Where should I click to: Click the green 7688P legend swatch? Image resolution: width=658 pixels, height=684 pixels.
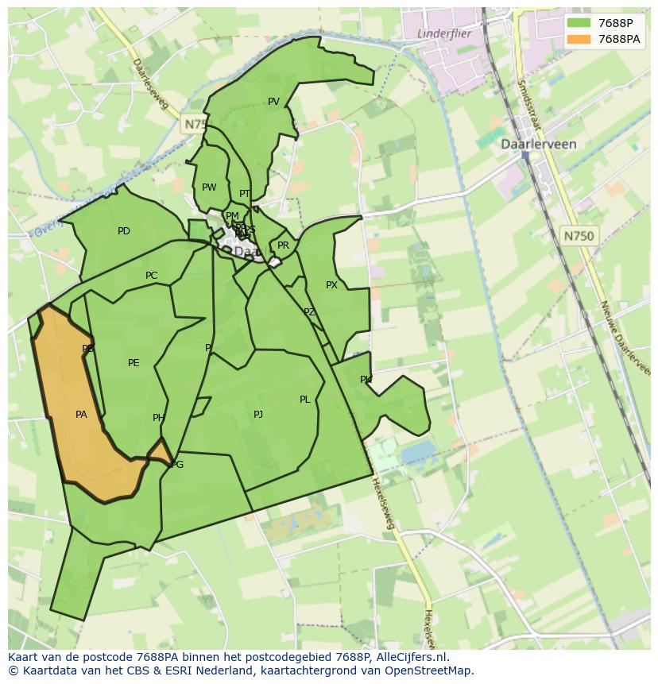pyautogui.click(x=579, y=23)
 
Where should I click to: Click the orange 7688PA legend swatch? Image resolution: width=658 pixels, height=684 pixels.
pyautogui.click(x=579, y=39)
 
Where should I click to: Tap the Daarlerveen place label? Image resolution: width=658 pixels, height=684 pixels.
pyautogui.click(x=538, y=145)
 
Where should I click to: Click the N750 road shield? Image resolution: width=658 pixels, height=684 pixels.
pyautogui.click(x=579, y=236)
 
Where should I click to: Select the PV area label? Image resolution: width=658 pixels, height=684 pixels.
pyautogui.click(x=273, y=102)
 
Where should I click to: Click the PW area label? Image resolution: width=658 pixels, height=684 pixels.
pyautogui.click(x=209, y=188)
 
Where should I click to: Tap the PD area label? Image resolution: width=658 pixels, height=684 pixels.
pyautogui.click(x=124, y=232)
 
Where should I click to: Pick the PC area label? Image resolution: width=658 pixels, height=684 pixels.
pyautogui.click(x=151, y=276)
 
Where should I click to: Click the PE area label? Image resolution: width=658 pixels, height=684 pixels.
pyautogui.click(x=134, y=363)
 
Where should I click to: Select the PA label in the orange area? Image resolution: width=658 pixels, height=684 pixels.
pyautogui.click(x=81, y=415)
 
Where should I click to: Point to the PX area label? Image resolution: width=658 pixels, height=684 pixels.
pyautogui.click(x=331, y=285)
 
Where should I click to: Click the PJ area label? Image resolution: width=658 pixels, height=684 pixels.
pyautogui.click(x=258, y=415)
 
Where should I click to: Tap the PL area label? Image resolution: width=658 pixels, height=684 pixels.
pyautogui.click(x=304, y=400)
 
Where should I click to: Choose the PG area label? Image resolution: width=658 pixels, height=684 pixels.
pyautogui.click(x=177, y=465)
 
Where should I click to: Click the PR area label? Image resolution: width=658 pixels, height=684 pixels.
pyautogui.click(x=283, y=246)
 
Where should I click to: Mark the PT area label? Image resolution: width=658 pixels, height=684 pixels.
pyautogui.click(x=245, y=194)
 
